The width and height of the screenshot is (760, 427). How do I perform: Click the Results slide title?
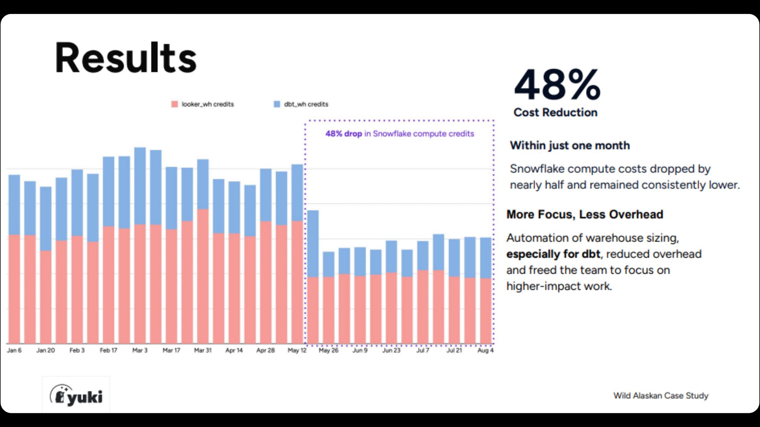pyautogui.click(x=126, y=58)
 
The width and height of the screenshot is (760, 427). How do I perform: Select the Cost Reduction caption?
pyautogui.click(x=555, y=112)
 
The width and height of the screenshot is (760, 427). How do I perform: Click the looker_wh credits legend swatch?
pyautogui.click(x=175, y=104)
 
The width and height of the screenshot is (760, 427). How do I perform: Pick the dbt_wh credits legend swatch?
pyautogui.click(x=277, y=104)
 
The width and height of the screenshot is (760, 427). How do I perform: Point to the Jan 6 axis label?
pyautogui.click(x=14, y=350)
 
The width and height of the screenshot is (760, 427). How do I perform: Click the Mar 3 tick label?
pyautogui.click(x=140, y=350)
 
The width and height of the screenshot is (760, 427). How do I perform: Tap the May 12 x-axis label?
pyautogui.click(x=297, y=350)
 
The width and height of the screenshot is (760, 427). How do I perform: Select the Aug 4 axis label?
pyautogui.click(x=485, y=350)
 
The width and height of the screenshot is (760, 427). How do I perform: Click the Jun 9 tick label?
pyautogui.click(x=360, y=350)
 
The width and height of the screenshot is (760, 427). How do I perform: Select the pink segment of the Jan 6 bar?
pyautogui.click(x=14, y=289)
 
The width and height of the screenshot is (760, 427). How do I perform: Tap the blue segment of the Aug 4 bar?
pyautogui.click(x=485, y=258)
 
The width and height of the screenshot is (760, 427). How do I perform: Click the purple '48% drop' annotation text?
pyautogui.click(x=344, y=134)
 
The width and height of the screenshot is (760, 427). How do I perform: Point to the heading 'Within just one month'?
pyautogui.click(x=570, y=145)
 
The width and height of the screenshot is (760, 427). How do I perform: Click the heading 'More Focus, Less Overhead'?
pyautogui.click(x=585, y=214)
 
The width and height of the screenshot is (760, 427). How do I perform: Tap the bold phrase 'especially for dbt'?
pyautogui.click(x=553, y=254)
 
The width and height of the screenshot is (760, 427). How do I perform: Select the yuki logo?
pyautogui.click(x=76, y=395)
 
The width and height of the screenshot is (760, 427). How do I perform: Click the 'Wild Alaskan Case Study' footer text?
pyautogui.click(x=661, y=396)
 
